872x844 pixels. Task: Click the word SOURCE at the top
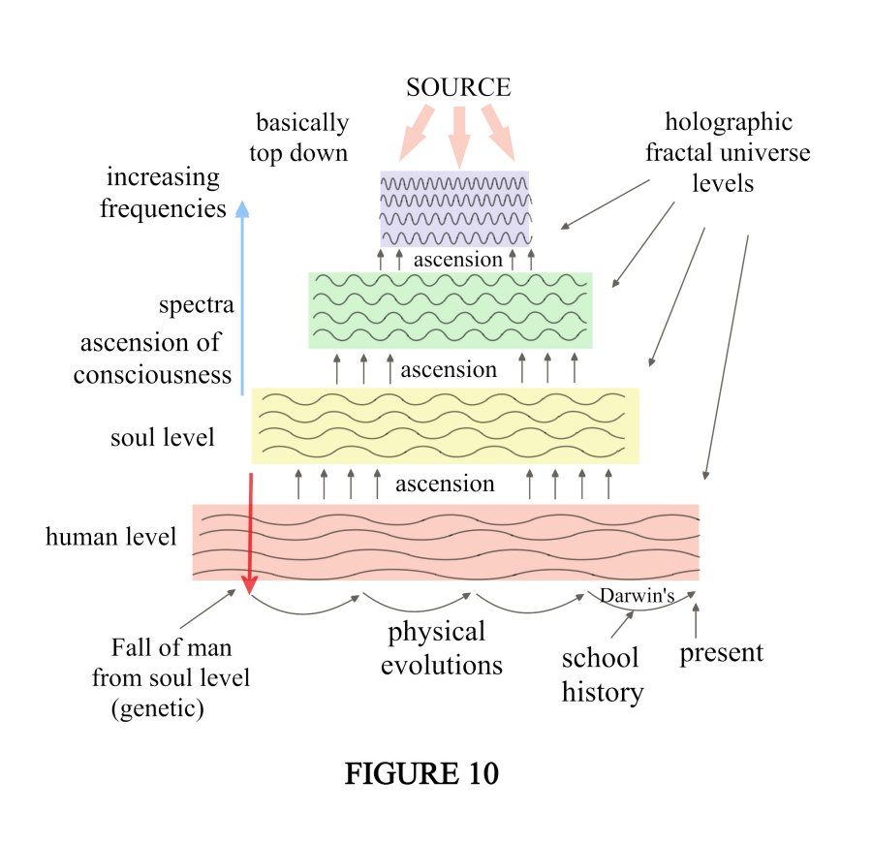tap(458, 88)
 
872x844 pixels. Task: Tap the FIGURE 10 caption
tap(422, 774)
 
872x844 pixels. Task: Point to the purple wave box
tap(454, 208)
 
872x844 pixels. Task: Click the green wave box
tap(451, 310)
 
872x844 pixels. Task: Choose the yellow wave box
tap(445, 425)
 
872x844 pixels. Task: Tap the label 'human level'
tap(111, 536)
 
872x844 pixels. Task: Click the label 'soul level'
tap(163, 438)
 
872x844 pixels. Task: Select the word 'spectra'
tap(197, 306)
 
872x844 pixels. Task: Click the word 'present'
tap(721, 652)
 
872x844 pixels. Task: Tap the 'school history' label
tap(602, 675)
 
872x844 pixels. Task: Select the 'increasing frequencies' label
tap(163, 193)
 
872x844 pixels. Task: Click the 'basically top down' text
tap(302, 138)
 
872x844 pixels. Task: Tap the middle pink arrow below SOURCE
tap(459, 134)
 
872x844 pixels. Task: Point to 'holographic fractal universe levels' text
tap(736, 152)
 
